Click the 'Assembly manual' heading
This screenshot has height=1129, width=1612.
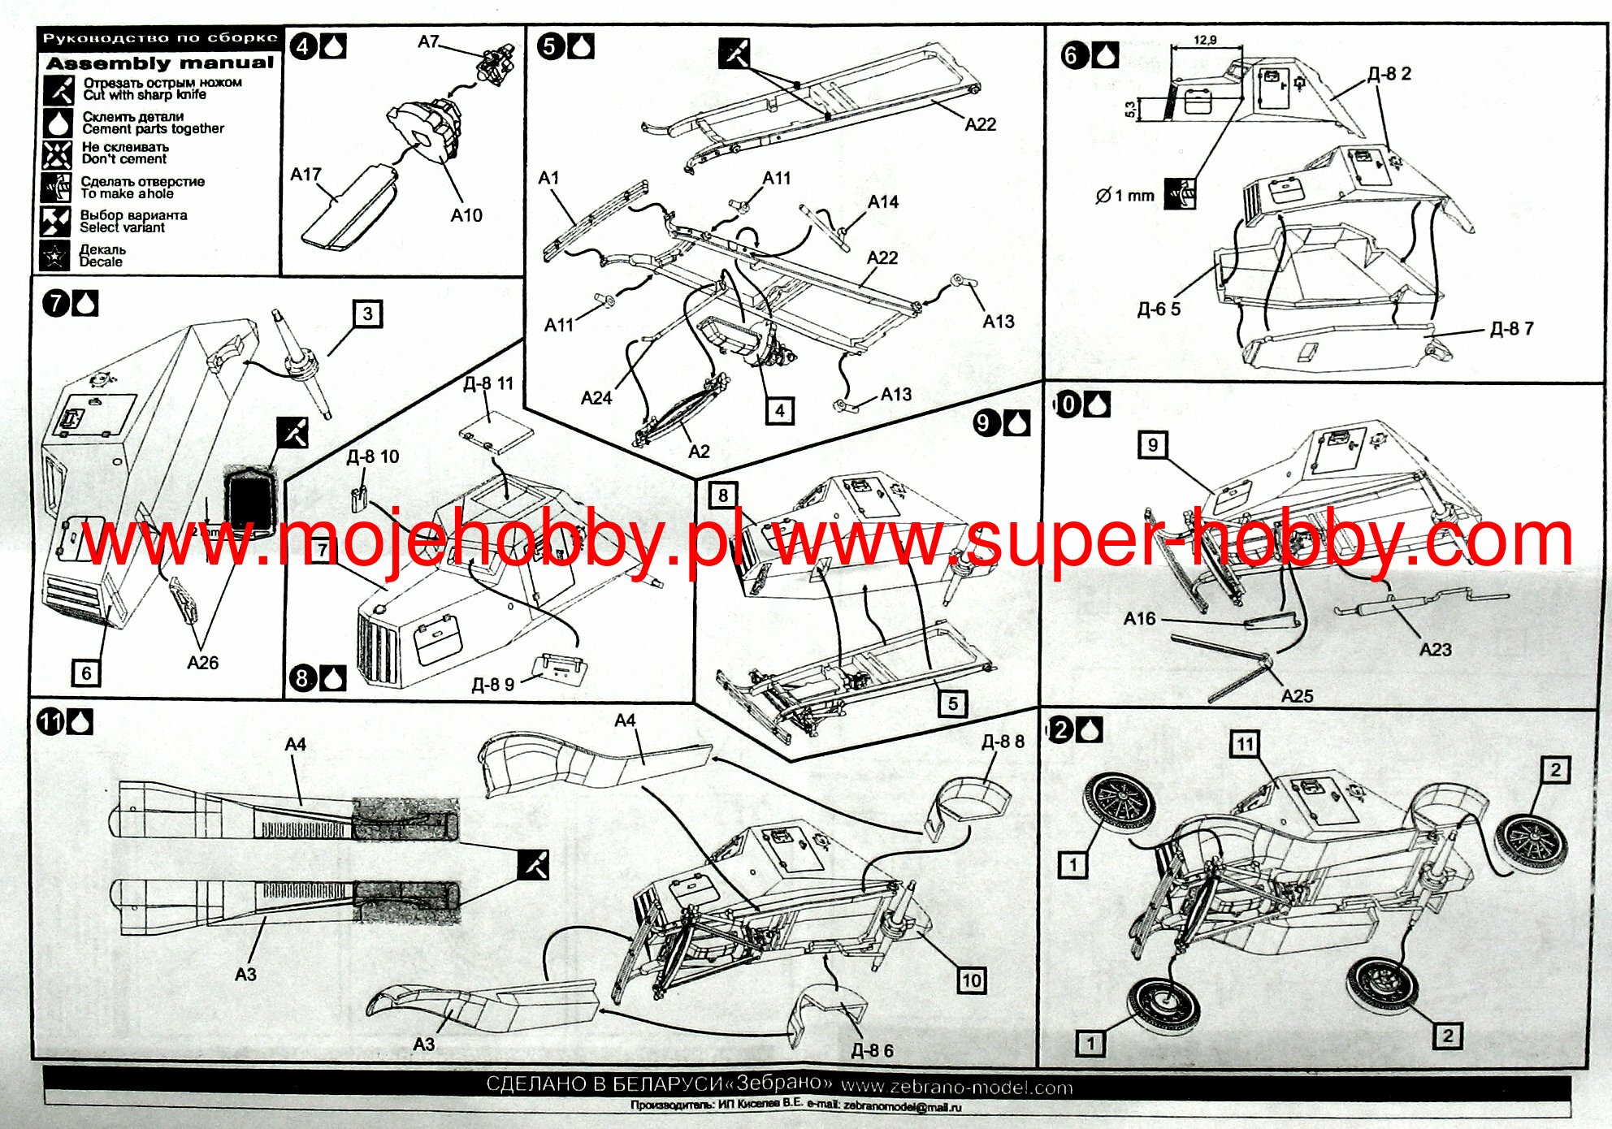(160, 63)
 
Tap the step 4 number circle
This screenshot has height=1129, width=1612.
(304, 46)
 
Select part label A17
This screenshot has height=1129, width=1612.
(305, 175)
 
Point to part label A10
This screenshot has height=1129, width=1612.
(466, 215)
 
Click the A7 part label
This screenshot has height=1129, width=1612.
(428, 41)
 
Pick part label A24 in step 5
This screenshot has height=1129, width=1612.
(596, 398)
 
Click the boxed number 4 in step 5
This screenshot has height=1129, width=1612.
(779, 410)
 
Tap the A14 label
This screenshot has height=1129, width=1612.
(883, 201)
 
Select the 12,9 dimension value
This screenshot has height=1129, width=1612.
(1205, 40)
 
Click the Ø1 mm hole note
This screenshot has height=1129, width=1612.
(1124, 196)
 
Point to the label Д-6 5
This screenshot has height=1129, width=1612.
(1159, 309)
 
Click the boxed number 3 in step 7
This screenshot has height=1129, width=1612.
(367, 314)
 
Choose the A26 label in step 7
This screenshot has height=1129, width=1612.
(202, 663)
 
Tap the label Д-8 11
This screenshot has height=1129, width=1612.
(488, 383)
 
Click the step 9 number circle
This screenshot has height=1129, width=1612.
(986, 422)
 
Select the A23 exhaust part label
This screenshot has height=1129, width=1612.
(1435, 650)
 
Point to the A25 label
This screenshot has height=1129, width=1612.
(1297, 696)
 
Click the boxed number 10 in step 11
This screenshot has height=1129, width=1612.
(972, 980)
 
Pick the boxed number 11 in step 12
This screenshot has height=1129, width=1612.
(1245, 743)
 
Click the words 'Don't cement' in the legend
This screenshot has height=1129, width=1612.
(124, 159)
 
